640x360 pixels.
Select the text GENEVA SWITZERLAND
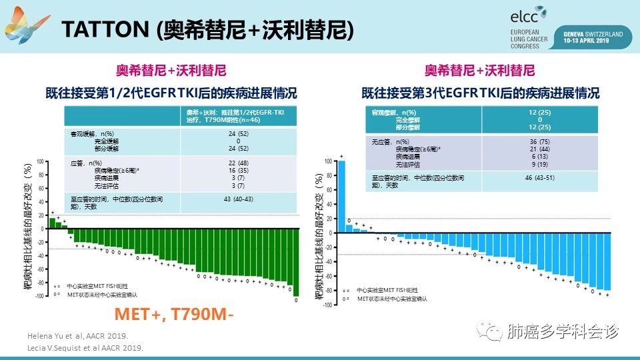[593, 33]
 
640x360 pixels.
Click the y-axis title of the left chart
[29, 227]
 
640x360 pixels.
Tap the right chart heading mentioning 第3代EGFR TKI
[480, 93]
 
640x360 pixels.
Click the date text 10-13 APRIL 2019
[593, 40]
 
